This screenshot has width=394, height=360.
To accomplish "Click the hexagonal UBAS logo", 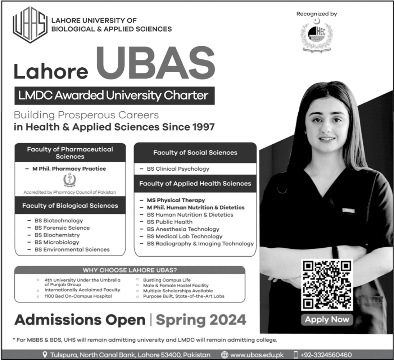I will pyautogui.click(x=30, y=25).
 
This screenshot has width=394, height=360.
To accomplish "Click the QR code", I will pyautogui.click(x=326, y=285).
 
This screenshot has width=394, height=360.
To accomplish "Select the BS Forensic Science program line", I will pyautogui.click(x=62, y=228).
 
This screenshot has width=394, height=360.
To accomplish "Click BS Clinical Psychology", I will pyautogui.click(x=178, y=168).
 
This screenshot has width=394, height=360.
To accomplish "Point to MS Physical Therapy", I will pyautogui.click(x=176, y=200).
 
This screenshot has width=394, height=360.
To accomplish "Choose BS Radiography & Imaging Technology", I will pyautogui.click(x=200, y=244).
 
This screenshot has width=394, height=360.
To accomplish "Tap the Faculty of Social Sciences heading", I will pyautogui.click(x=195, y=153).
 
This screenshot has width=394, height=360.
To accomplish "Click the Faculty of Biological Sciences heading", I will pyautogui.click(x=70, y=206).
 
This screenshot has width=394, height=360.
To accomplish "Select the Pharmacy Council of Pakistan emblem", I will pyautogui.click(x=70, y=180).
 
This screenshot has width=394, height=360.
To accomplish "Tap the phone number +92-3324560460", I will pyautogui.click(x=326, y=355).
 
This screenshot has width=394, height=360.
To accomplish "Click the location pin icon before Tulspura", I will pyautogui.click(x=45, y=355).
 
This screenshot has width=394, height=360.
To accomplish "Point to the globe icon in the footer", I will pyautogui.click(x=225, y=355).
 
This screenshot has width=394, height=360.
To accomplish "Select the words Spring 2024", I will pyautogui.click(x=201, y=320).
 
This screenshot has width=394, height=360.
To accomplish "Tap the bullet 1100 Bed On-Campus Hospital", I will pyautogui.click(x=78, y=296).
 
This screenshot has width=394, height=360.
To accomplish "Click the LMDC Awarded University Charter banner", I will pyautogui.click(x=114, y=96).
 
